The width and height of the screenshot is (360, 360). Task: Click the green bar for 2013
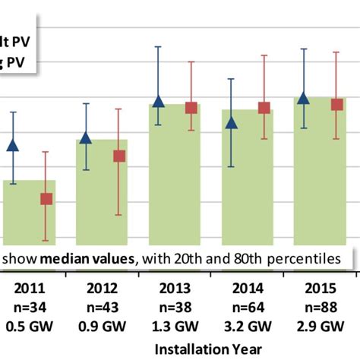pos(175,182)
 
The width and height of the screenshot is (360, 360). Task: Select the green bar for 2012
pos(102,197)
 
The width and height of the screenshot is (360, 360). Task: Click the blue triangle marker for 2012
pos(86,137)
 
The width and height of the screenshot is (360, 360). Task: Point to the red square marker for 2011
pos(46,199)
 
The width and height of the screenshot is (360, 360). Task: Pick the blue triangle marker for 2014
pos(232,122)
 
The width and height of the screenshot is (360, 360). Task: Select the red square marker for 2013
pos(191,108)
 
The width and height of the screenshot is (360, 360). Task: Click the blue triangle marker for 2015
pos(303,98)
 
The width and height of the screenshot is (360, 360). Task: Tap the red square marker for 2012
pos(118,156)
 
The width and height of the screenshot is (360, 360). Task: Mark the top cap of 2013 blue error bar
pos(158,47)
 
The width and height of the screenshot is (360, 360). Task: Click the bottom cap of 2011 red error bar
pos(46,241)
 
